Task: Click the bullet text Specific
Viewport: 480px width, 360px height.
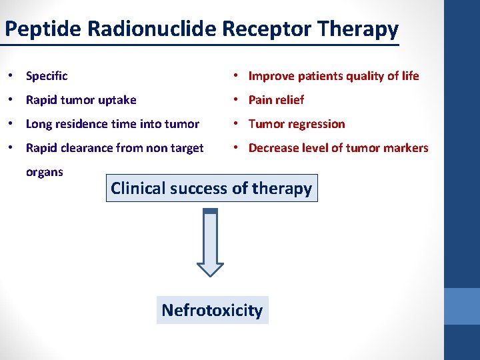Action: pyautogui.click(x=47, y=76)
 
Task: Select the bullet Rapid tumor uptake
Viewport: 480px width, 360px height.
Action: pyautogui.click(x=81, y=100)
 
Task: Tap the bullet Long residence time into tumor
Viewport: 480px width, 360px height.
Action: pyautogui.click(x=112, y=124)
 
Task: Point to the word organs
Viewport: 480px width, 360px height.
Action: pyautogui.click(x=44, y=172)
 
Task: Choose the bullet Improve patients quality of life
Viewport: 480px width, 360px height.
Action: pyautogui.click(x=333, y=76)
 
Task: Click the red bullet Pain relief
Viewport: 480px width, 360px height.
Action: pyautogui.click(x=276, y=100)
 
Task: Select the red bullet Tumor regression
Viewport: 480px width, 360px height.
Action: pyautogui.click(x=297, y=124)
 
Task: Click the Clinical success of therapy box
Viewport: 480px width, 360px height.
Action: pyautogui.click(x=211, y=189)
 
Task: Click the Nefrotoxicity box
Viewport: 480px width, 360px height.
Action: pyautogui.click(x=212, y=310)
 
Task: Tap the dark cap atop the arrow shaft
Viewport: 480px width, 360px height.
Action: pyautogui.click(x=211, y=211)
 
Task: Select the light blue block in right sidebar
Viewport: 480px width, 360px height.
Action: pyautogui.click(x=461, y=306)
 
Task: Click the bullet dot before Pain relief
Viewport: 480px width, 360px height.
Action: pyautogui.click(x=238, y=100)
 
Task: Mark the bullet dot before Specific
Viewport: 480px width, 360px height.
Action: pyautogui.click(x=14, y=76)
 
